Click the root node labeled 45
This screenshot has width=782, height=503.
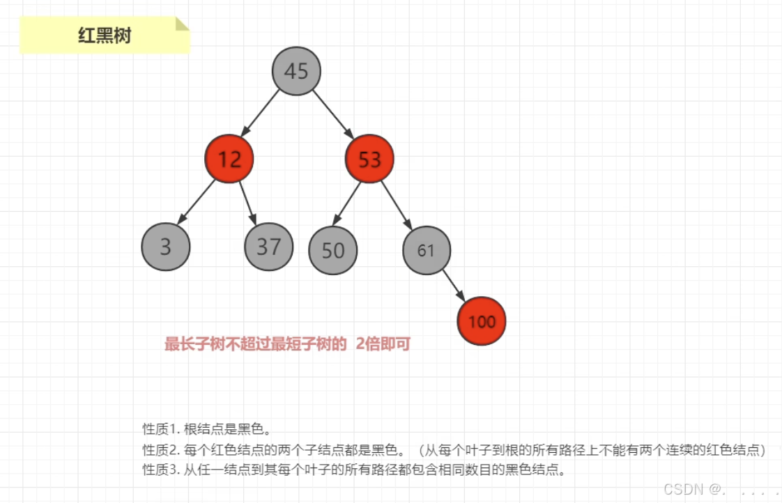[296, 71]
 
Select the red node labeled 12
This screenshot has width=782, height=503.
[229, 160]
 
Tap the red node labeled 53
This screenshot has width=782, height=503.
[370, 160]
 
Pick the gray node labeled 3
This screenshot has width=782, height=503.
[166, 247]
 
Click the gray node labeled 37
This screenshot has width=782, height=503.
[269, 247]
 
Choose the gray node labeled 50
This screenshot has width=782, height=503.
[333, 250]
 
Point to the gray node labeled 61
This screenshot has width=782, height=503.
[427, 250]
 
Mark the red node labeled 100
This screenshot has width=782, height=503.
[482, 321]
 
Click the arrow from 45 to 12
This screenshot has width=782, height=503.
[261, 114]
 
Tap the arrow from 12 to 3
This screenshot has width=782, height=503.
[197, 203]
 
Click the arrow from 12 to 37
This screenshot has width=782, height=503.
[248, 202]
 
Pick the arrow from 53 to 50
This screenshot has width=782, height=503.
[347, 203]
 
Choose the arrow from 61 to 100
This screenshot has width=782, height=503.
[453, 285]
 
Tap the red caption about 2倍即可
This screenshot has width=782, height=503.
[287, 343]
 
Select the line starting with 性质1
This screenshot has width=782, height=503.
[206, 428]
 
